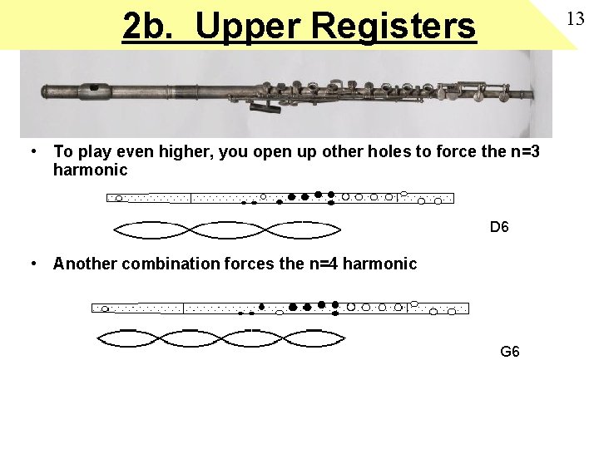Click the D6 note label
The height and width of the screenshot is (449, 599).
click(499, 226)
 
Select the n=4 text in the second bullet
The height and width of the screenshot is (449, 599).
click(322, 264)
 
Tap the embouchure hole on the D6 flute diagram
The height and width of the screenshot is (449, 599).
click(119, 198)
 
